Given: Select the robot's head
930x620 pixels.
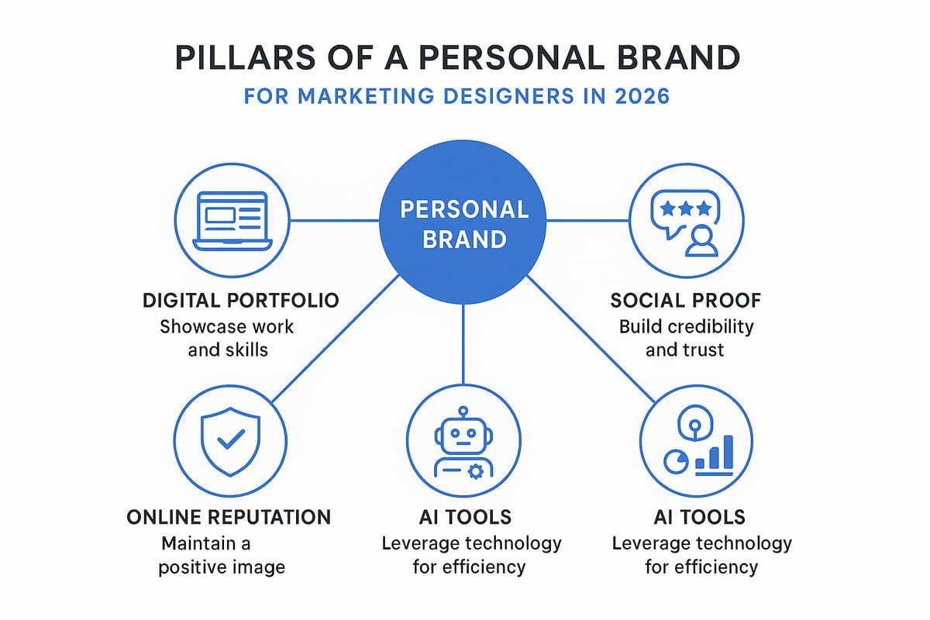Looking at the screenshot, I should (463, 429).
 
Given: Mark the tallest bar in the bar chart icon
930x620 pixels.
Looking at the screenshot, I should (727, 452).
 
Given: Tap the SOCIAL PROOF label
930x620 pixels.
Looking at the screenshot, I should (685, 301).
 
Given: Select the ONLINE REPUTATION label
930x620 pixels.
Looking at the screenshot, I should (229, 517).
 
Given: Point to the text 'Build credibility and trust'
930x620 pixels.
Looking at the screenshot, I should (685, 337).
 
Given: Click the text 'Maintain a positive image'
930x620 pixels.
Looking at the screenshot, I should (222, 555).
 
